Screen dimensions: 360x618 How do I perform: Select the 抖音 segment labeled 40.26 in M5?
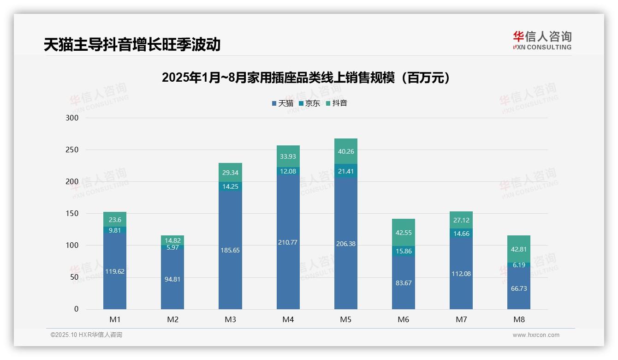pyautogui.click(x=345, y=151)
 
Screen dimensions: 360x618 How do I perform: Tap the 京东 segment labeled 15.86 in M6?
pyautogui.click(x=404, y=251)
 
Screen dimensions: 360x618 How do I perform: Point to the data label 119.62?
pyautogui.click(x=114, y=271)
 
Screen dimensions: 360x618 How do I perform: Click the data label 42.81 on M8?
pyautogui.click(x=518, y=249)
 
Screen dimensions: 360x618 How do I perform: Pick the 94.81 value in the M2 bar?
pyautogui.click(x=172, y=279)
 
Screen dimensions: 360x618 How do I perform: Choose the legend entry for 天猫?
pyautogui.click(x=282, y=103)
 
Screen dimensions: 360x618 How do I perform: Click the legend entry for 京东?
pyautogui.click(x=309, y=103)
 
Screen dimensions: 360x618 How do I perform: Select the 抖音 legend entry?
pyautogui.click(x=337, y=103)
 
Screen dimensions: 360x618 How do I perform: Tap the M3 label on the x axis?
pyautogui.click(x=230, y=319)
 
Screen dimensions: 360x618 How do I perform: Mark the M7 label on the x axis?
pyautogui.click(x=461, y=319)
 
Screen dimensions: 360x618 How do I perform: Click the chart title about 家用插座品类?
pyautogui.click(x=306, y=78)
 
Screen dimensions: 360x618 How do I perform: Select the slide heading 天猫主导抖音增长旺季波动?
pyautogui.click(x=132, y=45)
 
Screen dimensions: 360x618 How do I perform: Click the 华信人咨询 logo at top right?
pyautogui.click(x=542, y=40)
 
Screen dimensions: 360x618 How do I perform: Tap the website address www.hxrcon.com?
pyautogui.click(x=536, y=335)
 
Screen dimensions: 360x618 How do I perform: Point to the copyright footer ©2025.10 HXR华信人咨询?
pyautogui.click(x=86, y=335)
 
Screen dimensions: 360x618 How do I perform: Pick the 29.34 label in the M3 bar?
pyautogui.click(x=230, y=172)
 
